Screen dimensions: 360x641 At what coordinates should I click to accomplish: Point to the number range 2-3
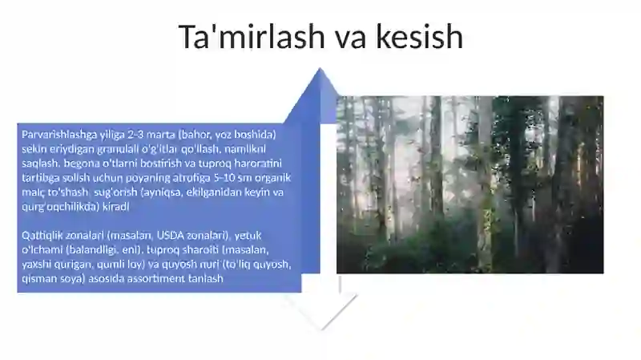(x=138, y=133)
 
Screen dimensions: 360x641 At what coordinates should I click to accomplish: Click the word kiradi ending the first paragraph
(x=122, y=206)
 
